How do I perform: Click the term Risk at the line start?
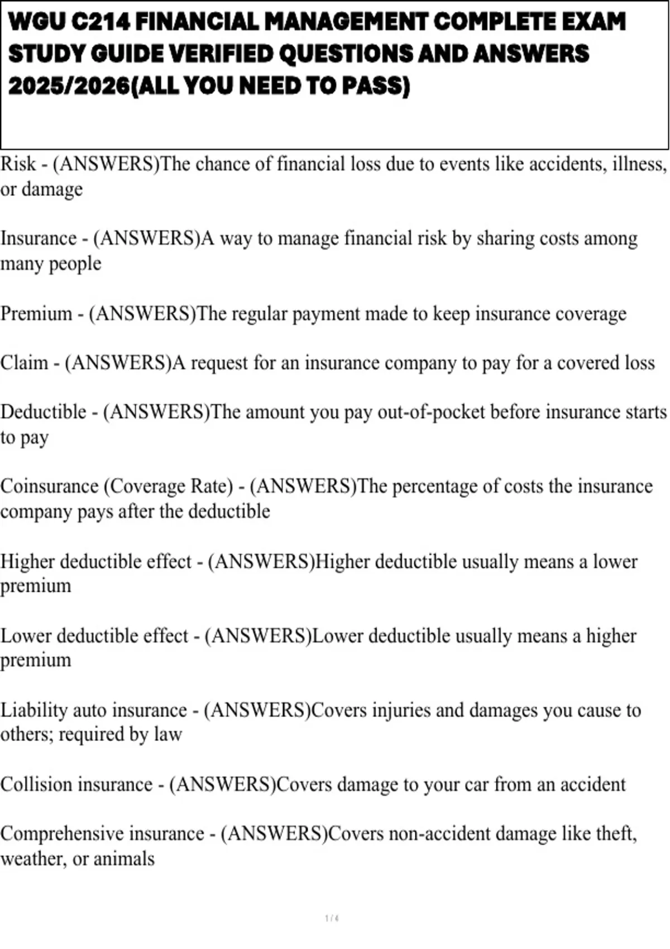tap(18, 164)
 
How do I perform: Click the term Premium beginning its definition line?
tap(36, 314)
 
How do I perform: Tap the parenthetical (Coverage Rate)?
tap(168, 486)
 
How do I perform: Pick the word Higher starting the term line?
tap(27, 561)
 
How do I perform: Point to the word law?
tap(167, 735)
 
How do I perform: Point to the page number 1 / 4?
tap(332, 918)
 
